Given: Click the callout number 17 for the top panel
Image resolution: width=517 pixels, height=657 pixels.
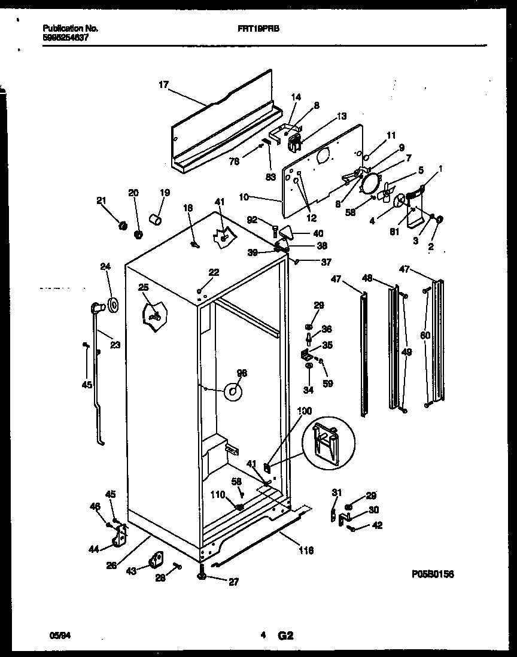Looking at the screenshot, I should coord(163,85).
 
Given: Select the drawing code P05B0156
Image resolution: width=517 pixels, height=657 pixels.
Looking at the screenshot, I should coord(433,574).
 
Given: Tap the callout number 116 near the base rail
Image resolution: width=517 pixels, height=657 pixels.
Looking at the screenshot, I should coord(306,550).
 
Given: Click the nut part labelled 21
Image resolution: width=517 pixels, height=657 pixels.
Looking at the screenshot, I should coord(123,225).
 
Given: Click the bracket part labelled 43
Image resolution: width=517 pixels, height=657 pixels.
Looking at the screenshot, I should coord(157,559).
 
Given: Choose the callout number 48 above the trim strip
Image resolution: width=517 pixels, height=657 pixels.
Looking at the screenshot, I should coord(367,277).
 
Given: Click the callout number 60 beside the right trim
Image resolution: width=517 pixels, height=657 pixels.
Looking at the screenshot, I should coord(424,335).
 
